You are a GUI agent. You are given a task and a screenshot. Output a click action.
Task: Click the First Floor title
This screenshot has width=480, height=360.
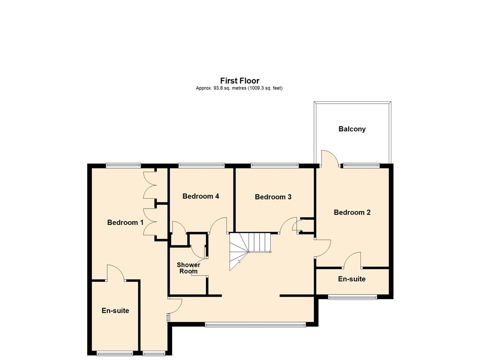[240, 81]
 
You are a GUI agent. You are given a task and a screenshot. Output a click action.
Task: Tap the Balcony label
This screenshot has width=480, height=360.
[352, 129]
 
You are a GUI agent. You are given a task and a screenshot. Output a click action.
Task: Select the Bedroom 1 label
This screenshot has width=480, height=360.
[125, 223]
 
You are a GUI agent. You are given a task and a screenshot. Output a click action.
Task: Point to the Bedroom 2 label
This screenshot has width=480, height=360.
[352, 212]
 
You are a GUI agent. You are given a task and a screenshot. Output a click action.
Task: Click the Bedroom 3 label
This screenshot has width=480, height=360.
[273, 197]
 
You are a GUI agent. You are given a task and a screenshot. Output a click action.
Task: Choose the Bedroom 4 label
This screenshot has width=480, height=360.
[201, 196]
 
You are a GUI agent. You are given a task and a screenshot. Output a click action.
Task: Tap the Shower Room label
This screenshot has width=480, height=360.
[188, 268]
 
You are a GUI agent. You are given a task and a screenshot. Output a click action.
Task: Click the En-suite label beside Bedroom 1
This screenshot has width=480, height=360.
[115, 311]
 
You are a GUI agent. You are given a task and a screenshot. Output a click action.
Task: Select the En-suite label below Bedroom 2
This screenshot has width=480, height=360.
[352, 279]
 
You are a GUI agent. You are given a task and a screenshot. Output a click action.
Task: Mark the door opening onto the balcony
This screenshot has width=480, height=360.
[330, 158]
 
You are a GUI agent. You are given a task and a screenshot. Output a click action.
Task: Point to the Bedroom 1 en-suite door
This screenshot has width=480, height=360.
[115, 273]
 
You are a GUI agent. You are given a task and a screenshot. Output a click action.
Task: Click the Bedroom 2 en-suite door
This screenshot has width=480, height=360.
[352, 260]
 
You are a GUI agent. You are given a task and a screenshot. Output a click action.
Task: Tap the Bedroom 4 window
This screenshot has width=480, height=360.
[202, 165]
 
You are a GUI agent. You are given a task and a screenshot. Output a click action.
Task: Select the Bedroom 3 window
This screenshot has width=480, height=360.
[275, 165]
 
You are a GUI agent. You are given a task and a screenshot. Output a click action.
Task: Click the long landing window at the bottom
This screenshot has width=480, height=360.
[255, 324]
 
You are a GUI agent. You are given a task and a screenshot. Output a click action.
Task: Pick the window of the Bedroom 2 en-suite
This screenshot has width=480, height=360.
[352, 297]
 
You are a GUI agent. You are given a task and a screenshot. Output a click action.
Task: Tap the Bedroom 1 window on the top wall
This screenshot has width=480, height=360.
[123, 165]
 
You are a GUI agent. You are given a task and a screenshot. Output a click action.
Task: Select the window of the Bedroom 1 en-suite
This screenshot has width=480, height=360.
[115, 353]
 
